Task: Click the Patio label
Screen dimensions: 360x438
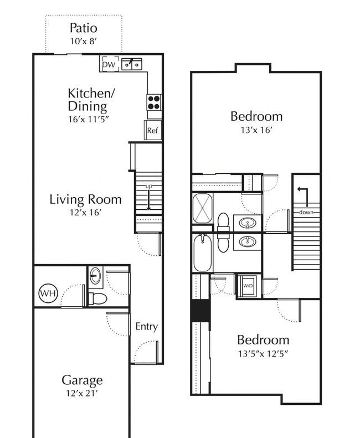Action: tap(83, 28)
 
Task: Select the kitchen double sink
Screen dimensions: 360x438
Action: tap(132, 64)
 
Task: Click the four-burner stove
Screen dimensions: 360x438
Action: tap(154, 102)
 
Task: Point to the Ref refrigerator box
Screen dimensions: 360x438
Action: tap(153, 130)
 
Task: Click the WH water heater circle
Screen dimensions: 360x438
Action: tap(48, 293)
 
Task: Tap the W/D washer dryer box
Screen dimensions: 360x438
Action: tap(248, 286)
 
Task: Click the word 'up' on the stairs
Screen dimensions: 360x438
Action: tap(149, 186)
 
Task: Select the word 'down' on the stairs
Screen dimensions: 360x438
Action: tap(306, 212)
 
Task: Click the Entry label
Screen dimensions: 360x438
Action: tap(146, 327)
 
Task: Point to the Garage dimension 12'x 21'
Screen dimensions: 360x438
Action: tap(82, 393)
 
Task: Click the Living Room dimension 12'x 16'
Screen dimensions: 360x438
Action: tap(85, 212)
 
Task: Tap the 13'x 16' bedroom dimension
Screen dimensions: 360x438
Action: tap(256, 130)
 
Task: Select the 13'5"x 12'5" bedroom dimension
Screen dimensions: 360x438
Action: tap(263, 354)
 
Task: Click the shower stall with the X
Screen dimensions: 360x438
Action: tap(203, 208)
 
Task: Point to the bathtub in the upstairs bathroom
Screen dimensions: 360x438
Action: tap(203, 253)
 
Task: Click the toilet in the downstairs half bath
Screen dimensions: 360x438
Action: tap(97, 298)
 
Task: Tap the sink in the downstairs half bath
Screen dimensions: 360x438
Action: tap(95, 276)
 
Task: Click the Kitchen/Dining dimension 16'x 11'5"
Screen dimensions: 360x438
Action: tap(88, 119)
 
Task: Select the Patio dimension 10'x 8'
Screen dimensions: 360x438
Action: tap(83, 42)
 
